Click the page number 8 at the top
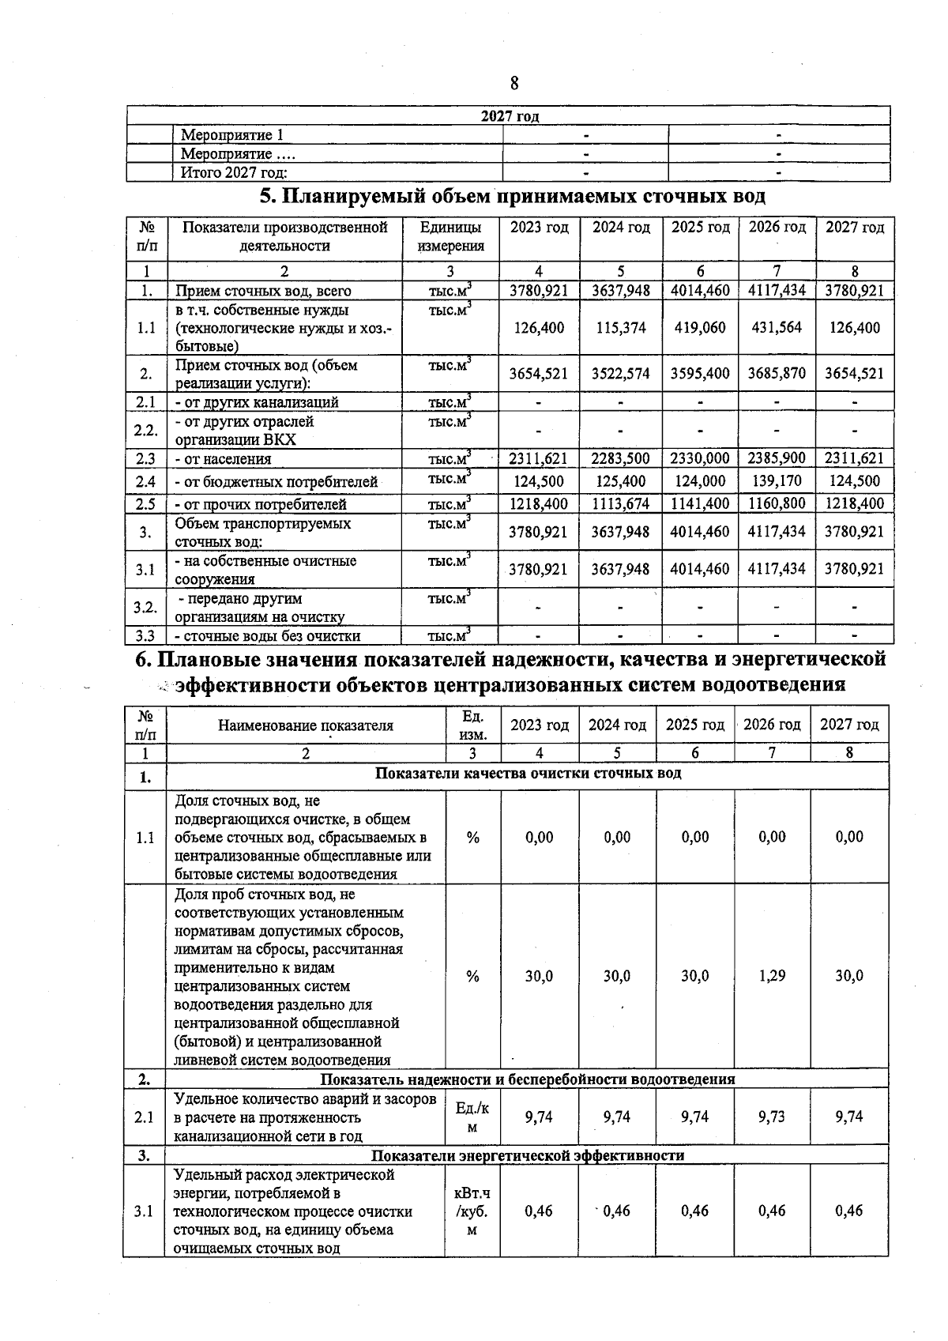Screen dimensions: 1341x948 tap(514, 83)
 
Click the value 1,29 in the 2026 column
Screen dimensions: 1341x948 tap(772, 976)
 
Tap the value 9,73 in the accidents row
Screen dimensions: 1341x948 tap(772, 1117)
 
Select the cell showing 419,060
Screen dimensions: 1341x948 tap(699, 328)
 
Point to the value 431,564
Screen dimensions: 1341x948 tap(777, 328)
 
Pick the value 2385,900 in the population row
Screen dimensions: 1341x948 tap(777, 458)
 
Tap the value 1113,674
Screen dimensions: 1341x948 tap(621, 504)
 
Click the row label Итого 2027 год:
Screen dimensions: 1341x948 tap(234, 173)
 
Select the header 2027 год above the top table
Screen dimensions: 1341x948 tap(510, 117)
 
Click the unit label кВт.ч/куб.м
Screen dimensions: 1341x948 tap(472, 1211)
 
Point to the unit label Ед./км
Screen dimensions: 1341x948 tap(472, 1117)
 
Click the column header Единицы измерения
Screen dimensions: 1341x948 tap(450, 237)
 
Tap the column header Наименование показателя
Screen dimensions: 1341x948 tap(306, 725)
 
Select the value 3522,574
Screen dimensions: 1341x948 tap(621, 374)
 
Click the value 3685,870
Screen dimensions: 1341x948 tap(777, 374)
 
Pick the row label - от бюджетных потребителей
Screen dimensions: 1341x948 tap(276, 482)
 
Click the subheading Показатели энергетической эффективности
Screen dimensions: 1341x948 tap(528, 1155)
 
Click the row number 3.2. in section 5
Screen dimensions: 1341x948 tap(145, 607)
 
